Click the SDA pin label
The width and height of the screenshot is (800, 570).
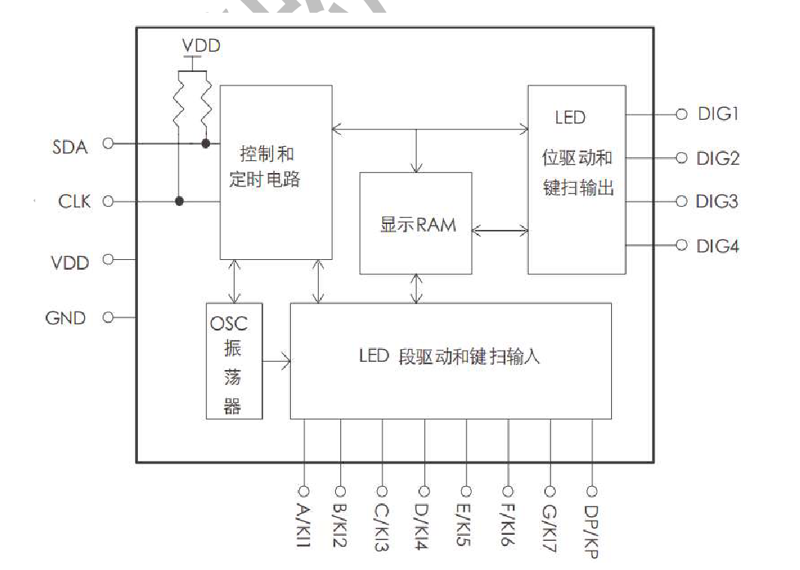(x=70, y=147)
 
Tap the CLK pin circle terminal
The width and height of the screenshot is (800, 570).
(x=107, y=201)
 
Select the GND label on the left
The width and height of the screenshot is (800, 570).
(x=66, y=318)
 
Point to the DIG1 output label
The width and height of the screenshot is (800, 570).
(x=718, y=114)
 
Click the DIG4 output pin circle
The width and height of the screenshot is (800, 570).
(x=682, y=245)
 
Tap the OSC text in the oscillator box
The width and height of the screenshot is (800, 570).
(x=229, y=324)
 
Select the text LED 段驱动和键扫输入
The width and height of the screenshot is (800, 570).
(x=449, y=357)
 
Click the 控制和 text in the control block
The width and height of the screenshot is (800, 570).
(x=266, y=155)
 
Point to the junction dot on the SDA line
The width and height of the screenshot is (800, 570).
(x=205, y=143)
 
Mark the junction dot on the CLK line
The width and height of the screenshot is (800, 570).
(x=179, y=201)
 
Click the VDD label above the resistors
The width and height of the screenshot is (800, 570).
(x=201, y=46)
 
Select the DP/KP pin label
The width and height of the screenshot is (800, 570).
(x=592, y=530)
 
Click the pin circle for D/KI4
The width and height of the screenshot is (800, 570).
(x=424, y=491)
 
